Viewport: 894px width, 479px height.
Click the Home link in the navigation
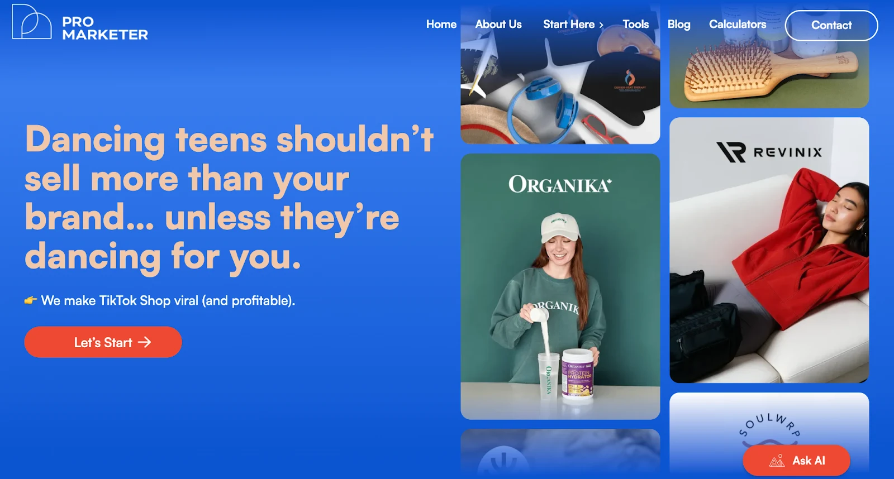(441, 25)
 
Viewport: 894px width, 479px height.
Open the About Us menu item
(498, 25)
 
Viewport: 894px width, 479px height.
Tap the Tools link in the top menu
(635, 25)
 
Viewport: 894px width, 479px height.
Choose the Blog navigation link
(678, 25)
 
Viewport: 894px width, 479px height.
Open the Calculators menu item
(737, 25)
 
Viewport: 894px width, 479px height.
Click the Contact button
(831, 25)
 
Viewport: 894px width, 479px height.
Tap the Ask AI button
(796, 461)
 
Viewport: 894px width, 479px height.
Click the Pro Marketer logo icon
(32, 22)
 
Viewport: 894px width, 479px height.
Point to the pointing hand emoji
(31, 301)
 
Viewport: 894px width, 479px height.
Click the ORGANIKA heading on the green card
(560, 185)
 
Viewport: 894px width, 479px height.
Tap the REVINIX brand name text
(787, 152)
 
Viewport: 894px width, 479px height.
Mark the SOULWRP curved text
(769, 424)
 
